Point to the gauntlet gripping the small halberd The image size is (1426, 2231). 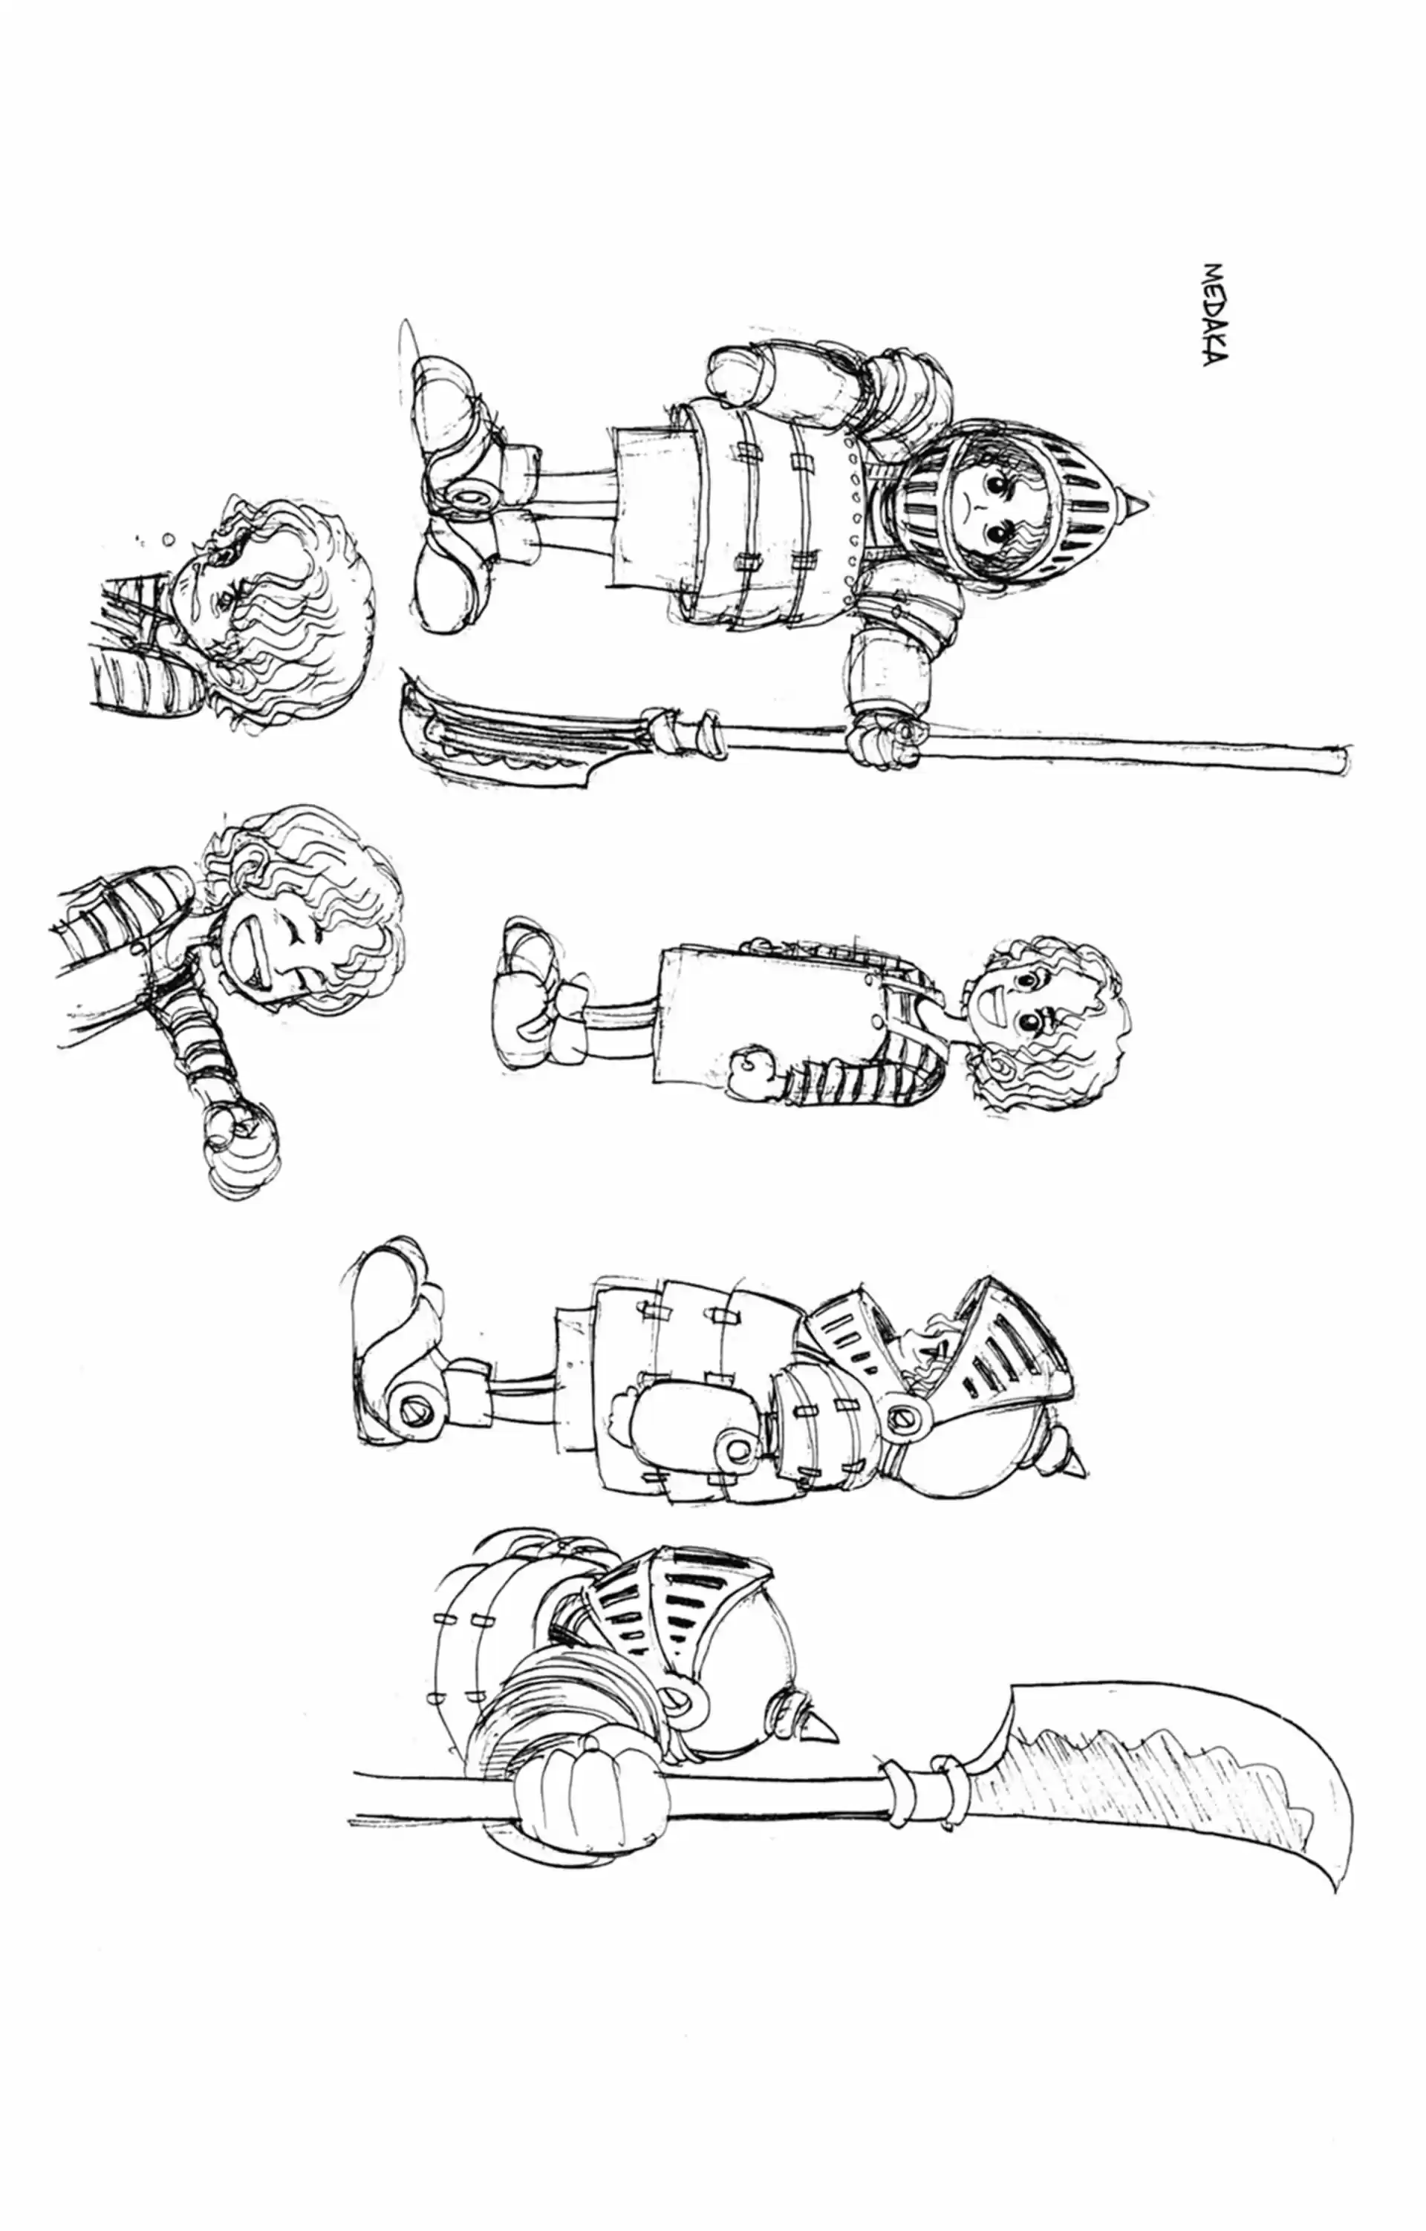pos(888,734)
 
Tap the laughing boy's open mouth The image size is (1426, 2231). pos(255,958)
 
